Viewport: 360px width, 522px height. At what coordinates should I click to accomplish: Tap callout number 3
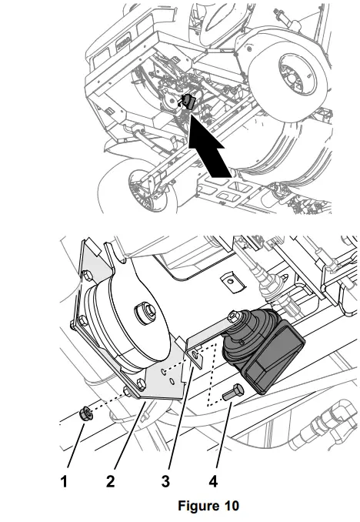coord(164,482)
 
